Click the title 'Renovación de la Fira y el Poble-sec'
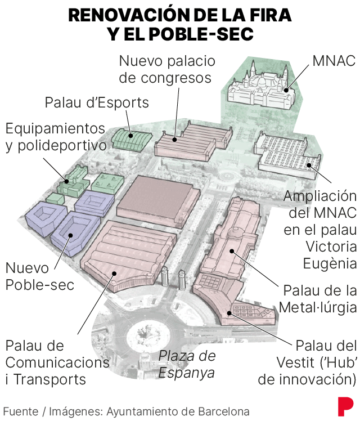(x=180, y=24)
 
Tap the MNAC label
(x=334, y=61)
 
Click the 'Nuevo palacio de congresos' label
(x=167, y=70)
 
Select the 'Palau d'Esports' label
(x=97, y=102)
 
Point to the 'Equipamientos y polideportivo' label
(x=56, y=137)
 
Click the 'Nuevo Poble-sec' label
(x=40, y=276)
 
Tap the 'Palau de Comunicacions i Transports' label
(x=57, y=362)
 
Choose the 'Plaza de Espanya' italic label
(x=187, y=364)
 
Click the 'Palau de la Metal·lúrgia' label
(x=318, y=298)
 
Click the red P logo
(x=345, y=406)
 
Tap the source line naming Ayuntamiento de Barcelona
(x=127, y=411)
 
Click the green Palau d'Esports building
(x=132, y=138)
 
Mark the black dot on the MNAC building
(x=286, y=90)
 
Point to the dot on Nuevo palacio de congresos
(x=174, y=140)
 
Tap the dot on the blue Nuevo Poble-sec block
(x=70, y=235)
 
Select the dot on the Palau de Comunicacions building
(x=114, y=274)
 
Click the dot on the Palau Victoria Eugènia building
(x=309, y=165)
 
